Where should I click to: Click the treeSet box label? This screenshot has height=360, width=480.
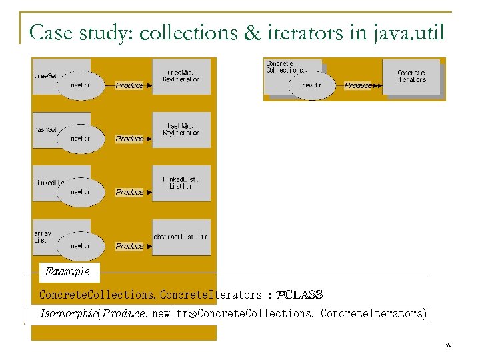(45, 76)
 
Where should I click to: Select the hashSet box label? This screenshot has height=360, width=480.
(45, 129)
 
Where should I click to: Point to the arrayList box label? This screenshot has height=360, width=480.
(43, 237)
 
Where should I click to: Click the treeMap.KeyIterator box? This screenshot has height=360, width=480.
(181, 75)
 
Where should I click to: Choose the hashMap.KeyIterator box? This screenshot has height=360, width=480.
(181, 129)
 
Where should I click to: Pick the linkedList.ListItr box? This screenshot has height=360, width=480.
(181, 183)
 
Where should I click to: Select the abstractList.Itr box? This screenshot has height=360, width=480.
(181, 237)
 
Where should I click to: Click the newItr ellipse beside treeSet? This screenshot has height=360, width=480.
(81, 85)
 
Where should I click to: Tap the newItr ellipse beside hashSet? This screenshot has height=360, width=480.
(81, 139)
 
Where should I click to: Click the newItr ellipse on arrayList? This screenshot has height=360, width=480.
(81, 246)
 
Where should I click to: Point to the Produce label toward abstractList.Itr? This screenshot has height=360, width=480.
(129, 246)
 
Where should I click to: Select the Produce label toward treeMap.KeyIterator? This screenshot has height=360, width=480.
(129, 85)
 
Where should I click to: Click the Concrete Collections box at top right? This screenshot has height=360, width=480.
(285, 67)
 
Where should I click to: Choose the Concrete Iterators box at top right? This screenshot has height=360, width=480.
(411, 76)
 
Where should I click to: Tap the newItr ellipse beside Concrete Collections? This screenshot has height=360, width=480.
(312, 85)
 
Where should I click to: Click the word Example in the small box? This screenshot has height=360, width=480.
(67, 271)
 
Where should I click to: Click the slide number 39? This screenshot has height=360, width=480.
(448, 345)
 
